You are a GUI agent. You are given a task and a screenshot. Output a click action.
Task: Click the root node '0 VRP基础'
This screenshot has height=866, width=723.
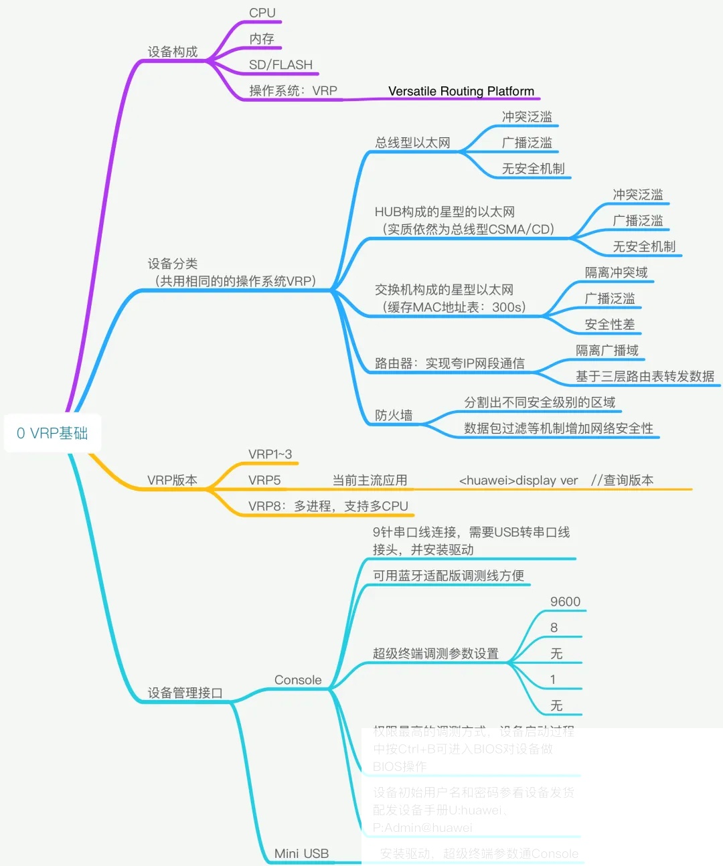pyautogui.click(x=52, y=433)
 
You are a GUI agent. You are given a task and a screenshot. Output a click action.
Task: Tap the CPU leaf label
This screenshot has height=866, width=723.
pyautogui.click(x=262, y=13)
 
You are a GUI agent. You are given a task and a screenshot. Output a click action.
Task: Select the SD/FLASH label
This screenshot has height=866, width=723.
pyautogui.click(x=280, y=65)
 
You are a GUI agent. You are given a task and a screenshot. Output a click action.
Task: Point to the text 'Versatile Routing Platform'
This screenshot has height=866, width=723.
pyautogui.click(x=461, y=91)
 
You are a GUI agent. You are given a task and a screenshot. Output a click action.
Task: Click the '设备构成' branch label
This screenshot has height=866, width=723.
pyautogui.click(x=172, y=52)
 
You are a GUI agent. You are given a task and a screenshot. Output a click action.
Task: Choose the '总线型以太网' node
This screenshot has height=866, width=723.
pyautogui.click(x=412, y=143)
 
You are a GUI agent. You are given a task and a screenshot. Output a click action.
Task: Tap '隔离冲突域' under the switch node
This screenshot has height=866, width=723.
pyautogui.click(x=616, y=272)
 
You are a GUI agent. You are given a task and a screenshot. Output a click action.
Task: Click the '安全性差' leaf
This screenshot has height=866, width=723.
pyautogui.click(x=609, y=325)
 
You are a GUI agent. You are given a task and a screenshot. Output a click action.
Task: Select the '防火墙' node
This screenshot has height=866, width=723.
pyautogui.click(x=394, y=415)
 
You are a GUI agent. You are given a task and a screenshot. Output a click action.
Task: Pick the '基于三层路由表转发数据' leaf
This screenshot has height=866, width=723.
pyautogui.click(x=645, y=376)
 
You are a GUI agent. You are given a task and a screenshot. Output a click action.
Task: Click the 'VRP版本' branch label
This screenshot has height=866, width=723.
pyautogui.click(x=172, y=480)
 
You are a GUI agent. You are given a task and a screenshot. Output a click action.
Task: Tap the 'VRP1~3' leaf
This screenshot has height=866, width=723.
pyautogui.click(x=270, y=454)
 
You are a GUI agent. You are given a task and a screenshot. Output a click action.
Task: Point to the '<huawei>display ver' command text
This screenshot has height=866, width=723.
pyautogui.click(x=518, y=480)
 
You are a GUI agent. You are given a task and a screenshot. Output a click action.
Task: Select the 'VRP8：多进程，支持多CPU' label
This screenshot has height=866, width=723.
pyautogui.click(x=328, y=506)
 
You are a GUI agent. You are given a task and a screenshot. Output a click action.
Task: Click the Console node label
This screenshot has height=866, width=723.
pyautogui.click(x=298, y=680)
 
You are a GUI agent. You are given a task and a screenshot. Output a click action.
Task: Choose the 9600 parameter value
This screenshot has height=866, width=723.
pyautogui.click(x=565, y=602)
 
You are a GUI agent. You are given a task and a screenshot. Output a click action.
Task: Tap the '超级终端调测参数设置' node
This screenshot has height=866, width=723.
pyautogui.click(x=435, y=653)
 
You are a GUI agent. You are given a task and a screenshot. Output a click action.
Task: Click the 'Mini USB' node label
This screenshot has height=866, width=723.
pyautogui.click(x=301, y=853)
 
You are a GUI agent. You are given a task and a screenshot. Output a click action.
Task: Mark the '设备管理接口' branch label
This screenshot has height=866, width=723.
pyautogui.click(x=185, y=693)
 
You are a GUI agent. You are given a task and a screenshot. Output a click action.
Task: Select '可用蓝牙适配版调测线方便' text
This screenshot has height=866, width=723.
pyautogui.click(x=448, y=576)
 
